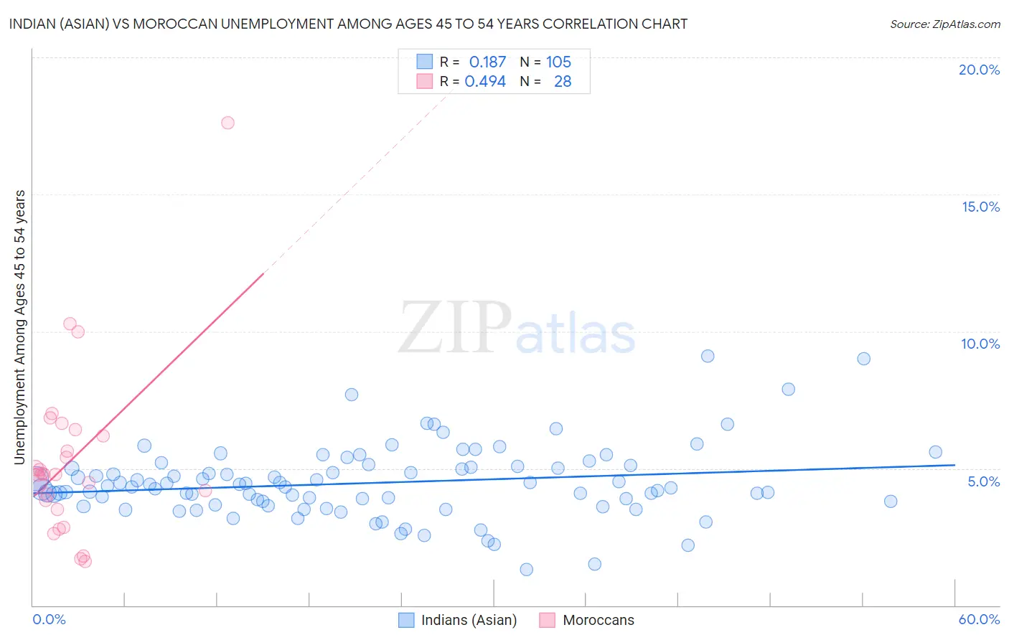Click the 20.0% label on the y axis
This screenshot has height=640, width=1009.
(979, 70)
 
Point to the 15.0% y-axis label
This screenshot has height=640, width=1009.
(980, 207)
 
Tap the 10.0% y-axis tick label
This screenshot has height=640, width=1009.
(980, 344)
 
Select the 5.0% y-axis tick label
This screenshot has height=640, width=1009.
(983, 481)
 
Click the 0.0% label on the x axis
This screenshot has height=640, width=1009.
(49, 619)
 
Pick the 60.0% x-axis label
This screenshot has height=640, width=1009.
(979, 619)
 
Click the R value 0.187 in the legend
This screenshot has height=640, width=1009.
(487, 62)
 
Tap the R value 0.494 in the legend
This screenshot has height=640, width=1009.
(485, 82)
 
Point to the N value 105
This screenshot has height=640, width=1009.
(558, 62)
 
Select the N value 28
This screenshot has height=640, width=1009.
(563, 82)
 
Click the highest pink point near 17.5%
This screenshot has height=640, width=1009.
(227, 123)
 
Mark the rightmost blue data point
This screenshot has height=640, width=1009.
(935, 452)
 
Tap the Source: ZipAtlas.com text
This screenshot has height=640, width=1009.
(944, 24)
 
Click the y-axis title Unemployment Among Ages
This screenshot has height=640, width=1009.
(20, 326)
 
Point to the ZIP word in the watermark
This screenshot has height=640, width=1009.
(454, 329)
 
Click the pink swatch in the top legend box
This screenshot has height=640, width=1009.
(425, 82)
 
